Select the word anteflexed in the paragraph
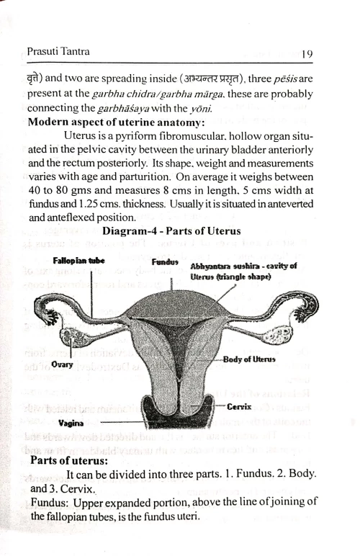(72, 218)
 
